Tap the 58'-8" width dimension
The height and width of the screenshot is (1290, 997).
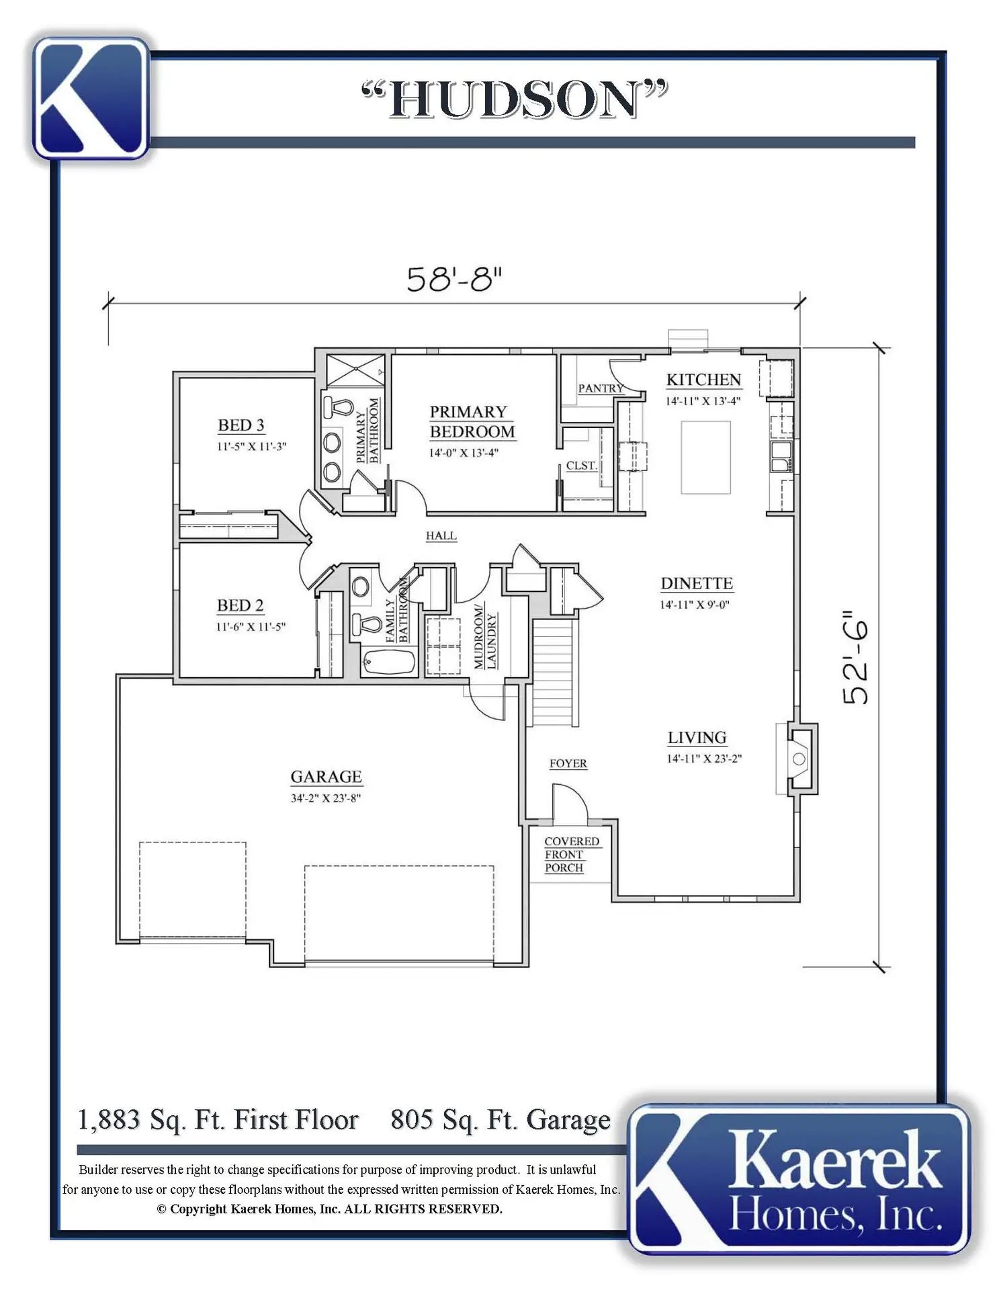tap(455, 279)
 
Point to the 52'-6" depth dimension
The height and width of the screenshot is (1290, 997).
tap(856, 658)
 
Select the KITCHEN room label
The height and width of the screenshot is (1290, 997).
tap(703, 380)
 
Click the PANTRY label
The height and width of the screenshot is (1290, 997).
tap(601, 388)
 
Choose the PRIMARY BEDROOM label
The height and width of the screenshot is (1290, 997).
tap(472, 422)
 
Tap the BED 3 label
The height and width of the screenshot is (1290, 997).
tap(241, 425)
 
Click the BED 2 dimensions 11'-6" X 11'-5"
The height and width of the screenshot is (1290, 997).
tap(251, 627)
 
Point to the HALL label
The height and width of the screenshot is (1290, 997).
tap(441, 535)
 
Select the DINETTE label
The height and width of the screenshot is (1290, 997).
tap(697, 583)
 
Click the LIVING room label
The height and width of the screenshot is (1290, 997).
tap(697, 738)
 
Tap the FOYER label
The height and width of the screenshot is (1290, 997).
tap(568, 763)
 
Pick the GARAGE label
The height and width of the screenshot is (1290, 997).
tap(326, 777)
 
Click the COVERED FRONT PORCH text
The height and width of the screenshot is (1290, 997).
tap(572, 855)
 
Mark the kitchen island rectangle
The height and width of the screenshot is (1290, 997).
tap(705, 458)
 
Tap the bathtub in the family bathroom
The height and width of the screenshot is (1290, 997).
tap(388, 662)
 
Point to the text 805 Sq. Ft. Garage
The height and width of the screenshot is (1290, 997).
tap(501, 1120)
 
